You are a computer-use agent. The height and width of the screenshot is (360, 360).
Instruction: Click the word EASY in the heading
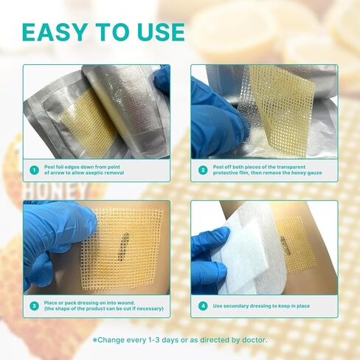(x=55, y=32)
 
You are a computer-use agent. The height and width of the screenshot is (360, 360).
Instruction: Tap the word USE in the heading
(x=161, y=32)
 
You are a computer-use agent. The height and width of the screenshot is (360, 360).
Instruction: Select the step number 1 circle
(x=35, y=170)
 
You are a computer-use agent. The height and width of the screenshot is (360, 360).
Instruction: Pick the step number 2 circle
(x=203, y=170)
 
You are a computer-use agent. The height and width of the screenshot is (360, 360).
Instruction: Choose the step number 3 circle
(x=35, y=306)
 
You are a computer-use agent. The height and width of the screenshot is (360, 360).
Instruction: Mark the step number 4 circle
(x=203, y=306)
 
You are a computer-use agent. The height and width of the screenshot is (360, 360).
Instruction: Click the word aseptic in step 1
(x=94, y=173)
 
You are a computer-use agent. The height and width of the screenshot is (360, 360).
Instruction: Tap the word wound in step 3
(x=126, y=303)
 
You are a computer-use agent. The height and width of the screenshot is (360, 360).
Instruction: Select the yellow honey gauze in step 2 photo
(x=280, y=108)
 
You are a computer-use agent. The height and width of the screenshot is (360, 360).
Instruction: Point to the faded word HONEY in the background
(x=57, y=190)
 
